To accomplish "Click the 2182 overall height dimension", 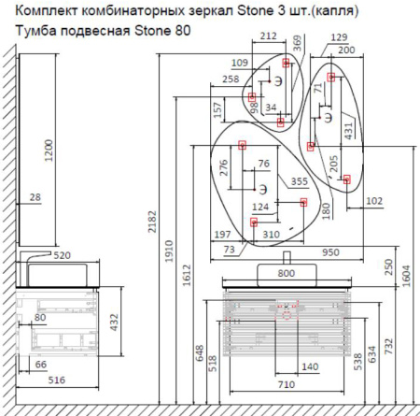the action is [x=152, y=222].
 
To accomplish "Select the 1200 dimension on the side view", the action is [x=49, y=151].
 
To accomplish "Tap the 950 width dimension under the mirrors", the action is [x=330, y=252].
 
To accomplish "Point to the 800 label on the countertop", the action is [x=286, y=273].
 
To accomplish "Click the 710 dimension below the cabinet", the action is [x=286, y=384].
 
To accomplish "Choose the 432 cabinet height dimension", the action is [x=115, y=323].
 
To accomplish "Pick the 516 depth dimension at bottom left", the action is [x=57, y=380].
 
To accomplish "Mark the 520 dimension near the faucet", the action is [x=62, y=255].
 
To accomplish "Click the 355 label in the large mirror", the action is [x=300, y=181].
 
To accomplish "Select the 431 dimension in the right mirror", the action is [x=348, y=131].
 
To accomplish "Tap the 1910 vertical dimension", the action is [x=169, y=251].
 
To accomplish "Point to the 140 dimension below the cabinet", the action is [x=310, y=366].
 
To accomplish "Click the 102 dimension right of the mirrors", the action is [x=374, y=201].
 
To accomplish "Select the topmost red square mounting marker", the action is [x=286, y=63].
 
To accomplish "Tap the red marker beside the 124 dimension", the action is [x=303, y=202].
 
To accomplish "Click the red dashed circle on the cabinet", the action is [x=287, y=315].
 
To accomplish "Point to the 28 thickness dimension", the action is [x=35, y=197].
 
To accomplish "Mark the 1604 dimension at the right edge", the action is [x=406, y=276].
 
